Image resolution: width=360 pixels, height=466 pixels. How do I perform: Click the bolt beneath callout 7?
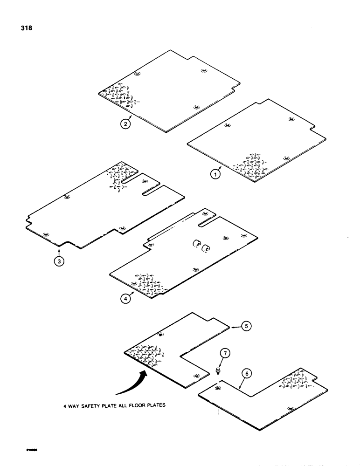point(218,371)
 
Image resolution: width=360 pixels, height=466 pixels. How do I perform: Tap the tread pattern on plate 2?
point(119,96)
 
